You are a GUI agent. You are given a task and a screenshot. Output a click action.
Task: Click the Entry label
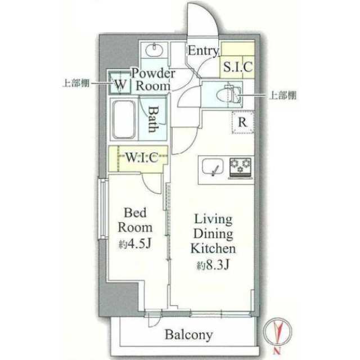pyautogui.click(x=203, y=51)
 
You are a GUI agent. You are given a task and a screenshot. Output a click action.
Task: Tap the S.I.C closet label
pyautogui.click(x=238, y=67)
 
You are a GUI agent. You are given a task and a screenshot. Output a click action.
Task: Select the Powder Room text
pyautogui.click(x=154, y=80)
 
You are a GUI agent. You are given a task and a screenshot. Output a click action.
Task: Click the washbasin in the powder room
pyautogui.click(x=154, y=49)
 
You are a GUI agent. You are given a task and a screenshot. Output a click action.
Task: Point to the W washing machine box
pyautogui.click(x=120, y=83)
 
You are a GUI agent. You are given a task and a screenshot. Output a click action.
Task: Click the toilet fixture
pyautogui.click(x=229, y=94)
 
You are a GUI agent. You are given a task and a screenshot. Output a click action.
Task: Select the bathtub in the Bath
pyautogui.click(x=124, y=119)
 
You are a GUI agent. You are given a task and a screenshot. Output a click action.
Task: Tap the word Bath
pyautogui.click(x=153, y=119)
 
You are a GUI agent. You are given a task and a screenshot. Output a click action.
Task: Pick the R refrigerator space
pyautogui.click(x=242, y=122)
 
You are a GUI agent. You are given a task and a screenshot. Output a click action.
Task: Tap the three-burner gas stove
pyautogui.click(x=240, y=168)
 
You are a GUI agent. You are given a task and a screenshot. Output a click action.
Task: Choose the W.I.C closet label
pyautogui.click(x=142, y=157)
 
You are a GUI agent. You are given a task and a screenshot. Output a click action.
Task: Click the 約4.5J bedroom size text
pyautogui.click(x=135, y=244)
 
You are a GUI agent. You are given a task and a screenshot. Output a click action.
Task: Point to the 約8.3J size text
pyautogui.click(x=213, y=265)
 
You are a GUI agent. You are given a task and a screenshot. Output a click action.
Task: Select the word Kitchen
pyautogui.click(x=213, y=249)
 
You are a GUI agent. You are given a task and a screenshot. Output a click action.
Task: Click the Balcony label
pyautogui.click(x=189, y=335)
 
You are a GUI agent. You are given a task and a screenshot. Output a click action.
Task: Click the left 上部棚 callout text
pyautogui.click(x=76, y=83)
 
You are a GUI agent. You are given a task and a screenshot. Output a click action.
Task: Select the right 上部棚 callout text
pyautogui.click(x=283, y=95)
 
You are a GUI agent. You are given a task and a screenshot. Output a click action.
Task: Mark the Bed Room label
pyautogui.click(x=135, y=220)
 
